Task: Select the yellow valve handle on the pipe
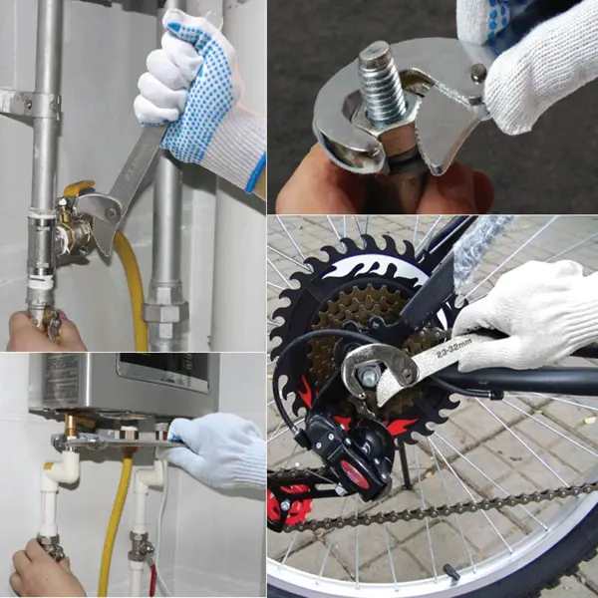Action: click(x=78, y=187)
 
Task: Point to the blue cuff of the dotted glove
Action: click(x=255, y=172)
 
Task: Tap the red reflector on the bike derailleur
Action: click(x=354, y=473)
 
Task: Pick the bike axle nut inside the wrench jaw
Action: click(x=368, y=377)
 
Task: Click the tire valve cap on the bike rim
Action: click(x=451, y=572)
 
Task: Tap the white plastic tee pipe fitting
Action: click(x=61, y=471)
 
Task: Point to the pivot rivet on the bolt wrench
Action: click(x=477, y=71)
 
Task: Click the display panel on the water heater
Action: click(x=164, y=371)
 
